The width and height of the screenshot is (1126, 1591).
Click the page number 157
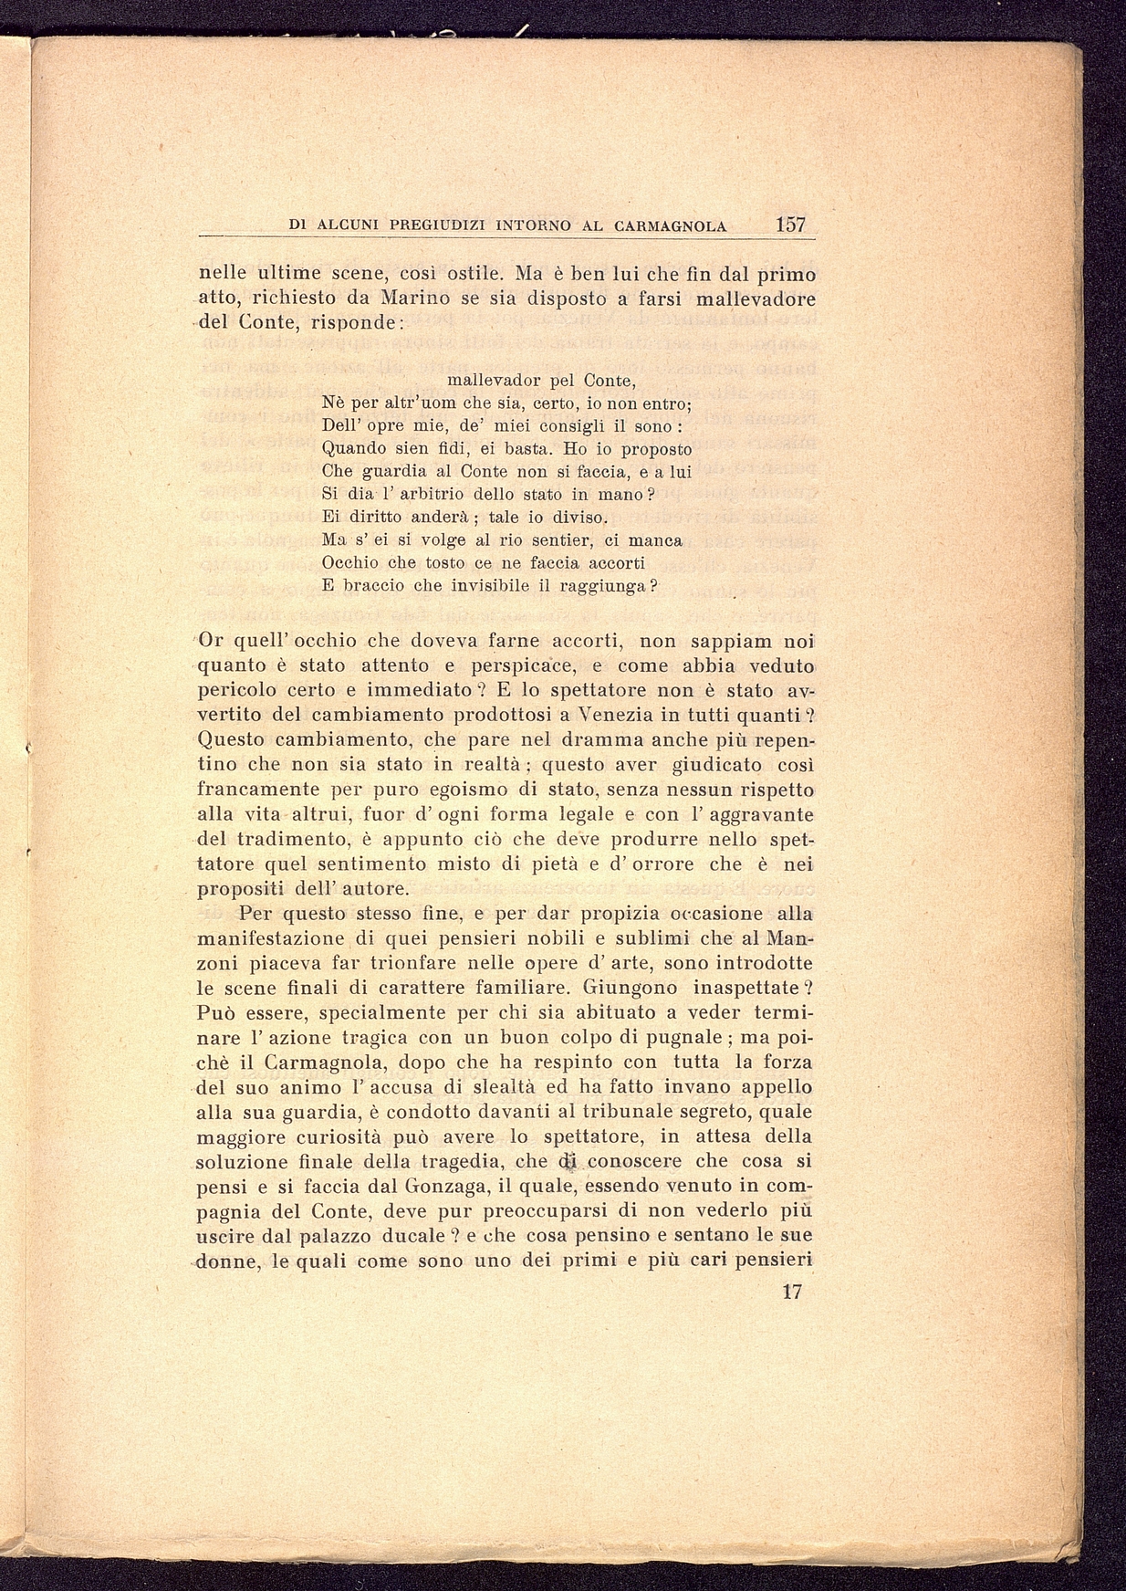click(791, 225)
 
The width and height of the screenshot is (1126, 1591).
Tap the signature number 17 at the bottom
click(791, 1293)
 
